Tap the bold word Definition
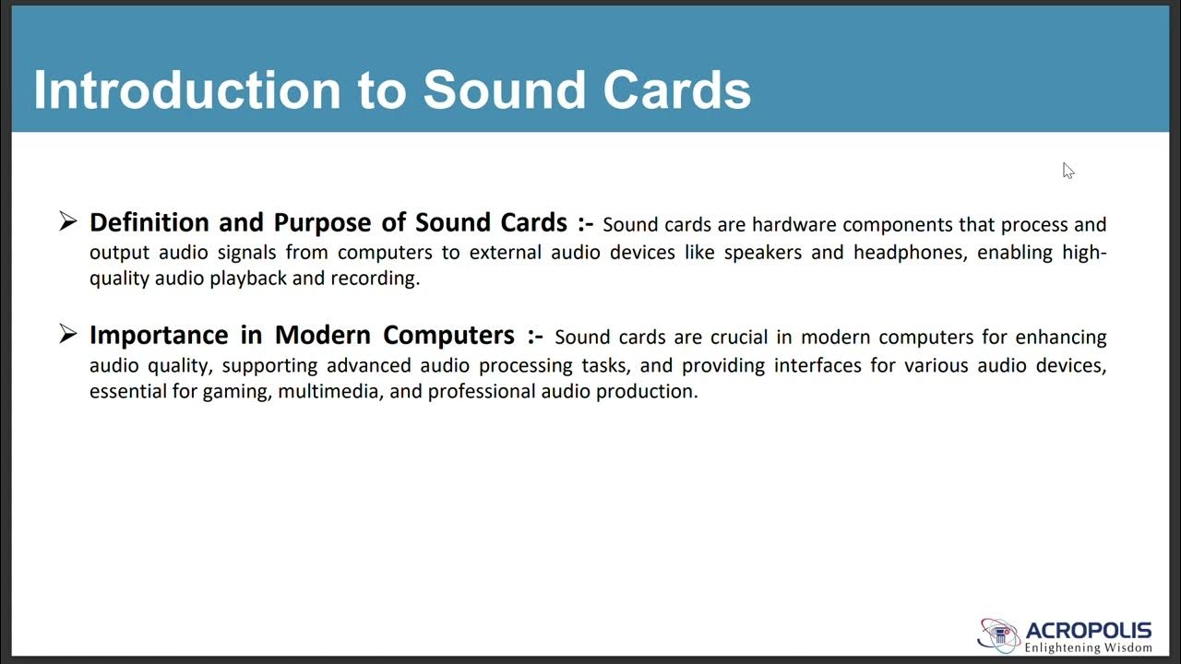(149, 222)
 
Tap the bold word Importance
(158, 335)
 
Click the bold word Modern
(323, 335)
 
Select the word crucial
(739, 338)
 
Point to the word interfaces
(816, 365)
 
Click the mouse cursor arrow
(1068, 171)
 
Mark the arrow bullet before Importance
(67, 333)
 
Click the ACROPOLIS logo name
(1089, 631)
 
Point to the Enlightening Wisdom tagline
(1089, 647)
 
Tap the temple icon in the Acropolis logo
(1000, 635)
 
